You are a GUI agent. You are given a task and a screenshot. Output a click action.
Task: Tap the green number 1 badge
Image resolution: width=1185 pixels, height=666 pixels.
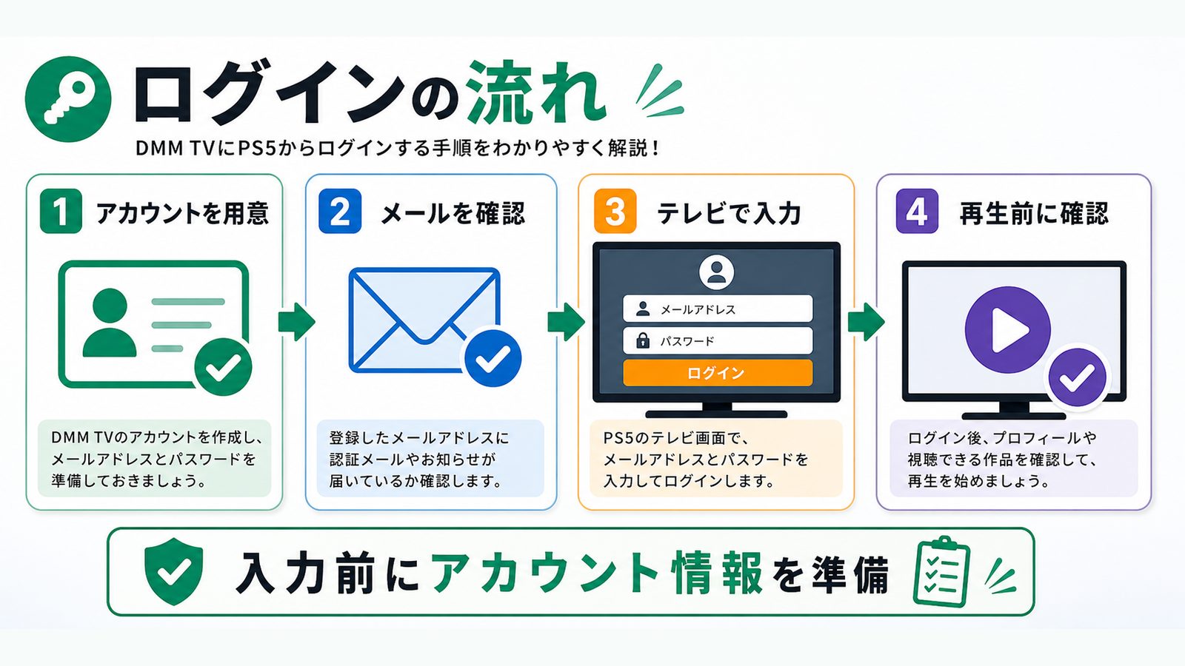click(x=61, y=212)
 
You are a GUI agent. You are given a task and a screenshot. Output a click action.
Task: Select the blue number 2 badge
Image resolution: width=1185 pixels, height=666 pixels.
click(x=340, y=212)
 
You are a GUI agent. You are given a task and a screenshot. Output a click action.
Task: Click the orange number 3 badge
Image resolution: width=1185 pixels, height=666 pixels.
click(x=615, y=212)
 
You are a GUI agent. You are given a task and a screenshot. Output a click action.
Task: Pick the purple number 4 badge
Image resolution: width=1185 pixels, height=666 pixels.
click(x=917, y=212)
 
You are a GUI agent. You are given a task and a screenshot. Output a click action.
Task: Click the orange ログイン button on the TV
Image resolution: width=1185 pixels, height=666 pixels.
click(x=718, y=373)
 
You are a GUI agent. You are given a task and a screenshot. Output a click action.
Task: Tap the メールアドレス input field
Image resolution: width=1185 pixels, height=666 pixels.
click(x=718, y=309)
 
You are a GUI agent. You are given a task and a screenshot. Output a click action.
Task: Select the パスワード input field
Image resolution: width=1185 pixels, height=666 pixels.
click(x=718, y=340)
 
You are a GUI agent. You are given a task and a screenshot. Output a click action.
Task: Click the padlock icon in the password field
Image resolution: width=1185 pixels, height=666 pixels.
click(x=643, y=340)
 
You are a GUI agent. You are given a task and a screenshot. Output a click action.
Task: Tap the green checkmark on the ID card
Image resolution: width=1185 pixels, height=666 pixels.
click(x=223, y=367)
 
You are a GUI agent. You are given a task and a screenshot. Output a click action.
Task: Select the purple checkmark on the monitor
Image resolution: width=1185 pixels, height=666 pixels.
click(x=1078, y=377)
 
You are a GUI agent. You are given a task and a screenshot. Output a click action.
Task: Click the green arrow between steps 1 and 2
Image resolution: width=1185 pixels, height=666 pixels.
click(x=296, y=321)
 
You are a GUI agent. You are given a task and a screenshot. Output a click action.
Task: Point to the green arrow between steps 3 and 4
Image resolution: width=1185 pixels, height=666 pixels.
click(x=866, y=321)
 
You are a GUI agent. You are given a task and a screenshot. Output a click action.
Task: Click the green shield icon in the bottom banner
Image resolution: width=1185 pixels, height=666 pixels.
click(x=173, y=571)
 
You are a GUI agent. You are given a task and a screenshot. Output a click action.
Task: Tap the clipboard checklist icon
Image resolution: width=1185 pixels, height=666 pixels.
click(x=941, y=571)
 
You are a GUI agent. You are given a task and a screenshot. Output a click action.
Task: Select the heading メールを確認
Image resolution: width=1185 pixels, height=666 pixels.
click(x=453, y=213)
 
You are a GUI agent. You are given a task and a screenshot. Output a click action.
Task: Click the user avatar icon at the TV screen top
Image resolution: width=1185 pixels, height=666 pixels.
click(x=716, y=273)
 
